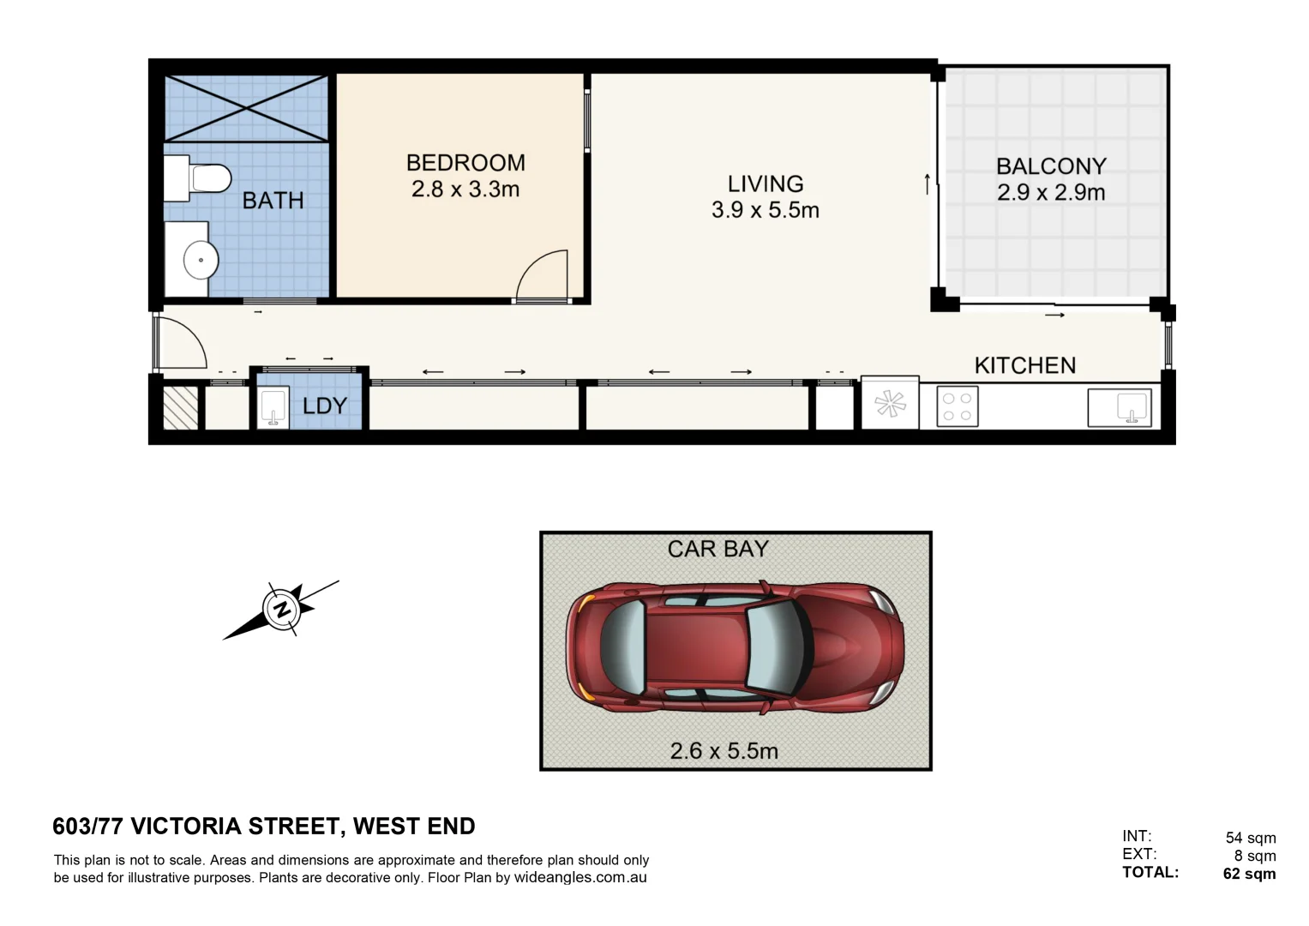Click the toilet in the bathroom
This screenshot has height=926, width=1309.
click(x=207, y=178)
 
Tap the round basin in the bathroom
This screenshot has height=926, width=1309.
click(x=201, y=260)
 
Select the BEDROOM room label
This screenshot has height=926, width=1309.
click(x=465, y=163)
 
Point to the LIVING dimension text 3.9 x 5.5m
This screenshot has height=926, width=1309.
click(x=765, y=210)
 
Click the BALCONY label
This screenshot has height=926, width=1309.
click(x=1051, y=166)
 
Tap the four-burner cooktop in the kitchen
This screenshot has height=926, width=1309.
click(x=957, y=406)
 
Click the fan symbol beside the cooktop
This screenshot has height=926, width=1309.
click(x=890, y=404)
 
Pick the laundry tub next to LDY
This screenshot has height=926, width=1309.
click(x=273, y=407)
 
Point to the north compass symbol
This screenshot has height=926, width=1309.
click(x=280, y=610)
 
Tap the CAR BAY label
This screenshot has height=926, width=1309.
click(x=718, y=550)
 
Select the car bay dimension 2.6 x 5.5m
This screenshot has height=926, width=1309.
click(x=724, y=751)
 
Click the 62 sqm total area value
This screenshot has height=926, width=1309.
click(x=1249, y=874)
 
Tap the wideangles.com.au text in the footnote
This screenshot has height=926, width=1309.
click(x=580, y=878)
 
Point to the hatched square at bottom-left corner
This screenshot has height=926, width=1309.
click(x=181, y=407)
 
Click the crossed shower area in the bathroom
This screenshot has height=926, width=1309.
click(x=246, y=108)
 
